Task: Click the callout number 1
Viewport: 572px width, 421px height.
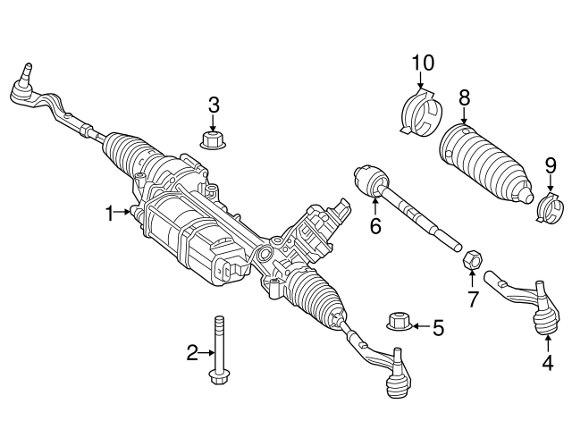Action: pyautogui.click(x=110, y=213)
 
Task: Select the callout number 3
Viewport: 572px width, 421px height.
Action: pyautogui.click(x=213, y=105)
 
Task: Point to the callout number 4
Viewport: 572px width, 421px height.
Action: pyautogui.click(x=547, y=363)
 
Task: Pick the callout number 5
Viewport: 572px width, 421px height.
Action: pyautogui.click(x=437, y=328)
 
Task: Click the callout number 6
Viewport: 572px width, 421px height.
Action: pyautogui.click(x=375, y=227)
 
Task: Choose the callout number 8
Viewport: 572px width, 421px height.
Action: pyautogui.click(x=464, y=97)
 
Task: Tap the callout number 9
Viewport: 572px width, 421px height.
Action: pyautogui.click(x=550, y=166)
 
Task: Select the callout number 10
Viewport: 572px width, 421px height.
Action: pyautogui.click(x=422, y=63)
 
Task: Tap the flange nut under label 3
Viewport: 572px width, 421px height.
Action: pyautogui.click(x=213, y=139)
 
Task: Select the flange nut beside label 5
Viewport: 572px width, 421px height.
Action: pyautogui.click(x=398, y=321)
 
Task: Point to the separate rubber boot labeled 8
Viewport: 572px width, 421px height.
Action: pyautogui.click(x=483, y=164)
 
